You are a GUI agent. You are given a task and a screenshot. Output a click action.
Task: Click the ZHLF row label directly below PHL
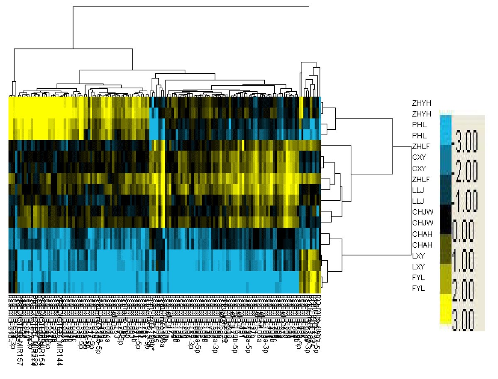[x=420, y=146]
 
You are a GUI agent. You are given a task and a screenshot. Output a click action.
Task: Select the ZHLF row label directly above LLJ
[x=420, y=179]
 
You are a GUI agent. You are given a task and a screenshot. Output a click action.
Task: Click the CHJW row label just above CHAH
[x=421, y=223]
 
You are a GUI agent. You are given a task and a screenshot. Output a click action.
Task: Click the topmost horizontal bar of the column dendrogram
[x=191, y=7]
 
